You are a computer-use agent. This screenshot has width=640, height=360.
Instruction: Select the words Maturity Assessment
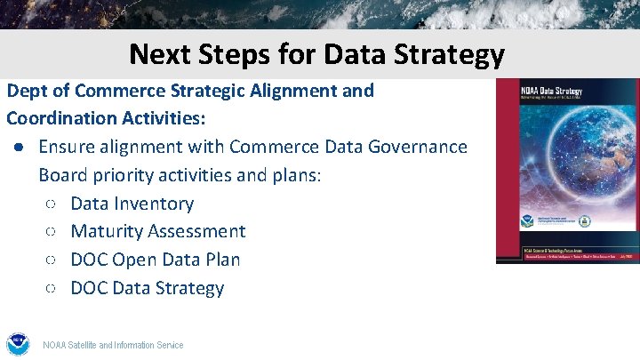pyautogui.click(x=158, y=231)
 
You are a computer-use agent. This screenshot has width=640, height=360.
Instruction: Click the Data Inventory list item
pyautogui.click(x=132, y=204)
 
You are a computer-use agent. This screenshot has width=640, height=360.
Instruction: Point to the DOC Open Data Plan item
pyautogui.click(x=156, y=260)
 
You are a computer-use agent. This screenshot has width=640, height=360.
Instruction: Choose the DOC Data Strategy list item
pyautogui.click(x=148, y=288)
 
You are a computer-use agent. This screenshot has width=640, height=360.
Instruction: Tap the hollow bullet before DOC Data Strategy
pyautogui.click(x=51, y=289)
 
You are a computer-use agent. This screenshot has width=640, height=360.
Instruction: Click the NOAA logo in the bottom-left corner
pyautogui.click(x=18, y=344)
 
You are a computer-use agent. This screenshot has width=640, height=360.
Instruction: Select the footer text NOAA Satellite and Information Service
pyautogui.click(x=113, y=345)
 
